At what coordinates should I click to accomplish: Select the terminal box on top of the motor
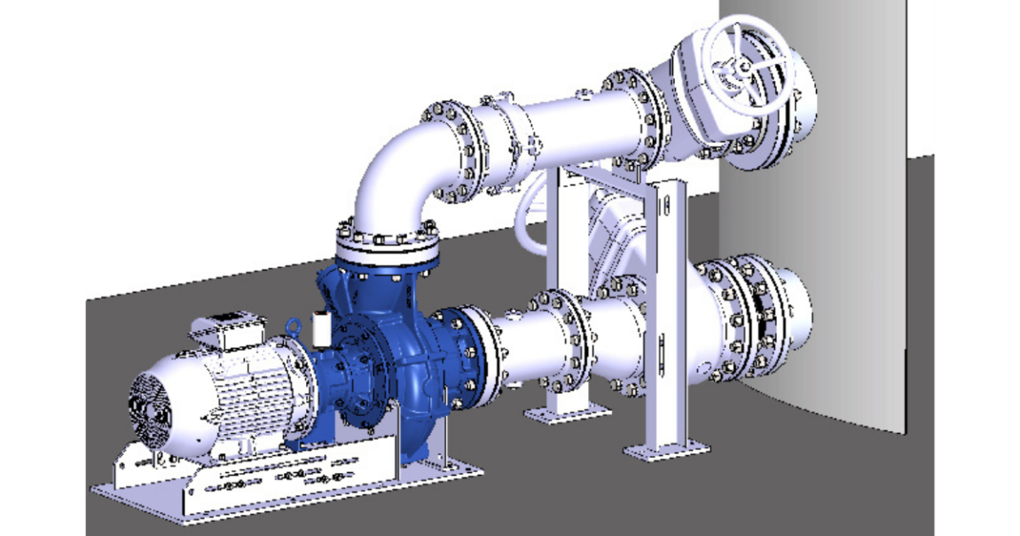point(229,327)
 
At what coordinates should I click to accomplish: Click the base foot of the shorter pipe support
point(568,412)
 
